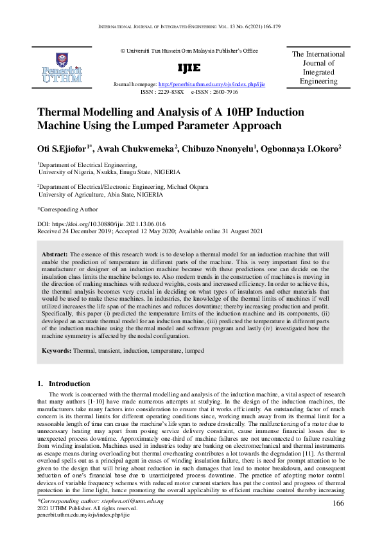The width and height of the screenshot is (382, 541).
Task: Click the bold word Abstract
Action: [x=54, y=254]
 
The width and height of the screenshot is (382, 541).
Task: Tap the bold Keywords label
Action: [x=56, y=351]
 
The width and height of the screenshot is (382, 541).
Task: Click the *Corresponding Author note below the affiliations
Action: [x=67, y=209]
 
